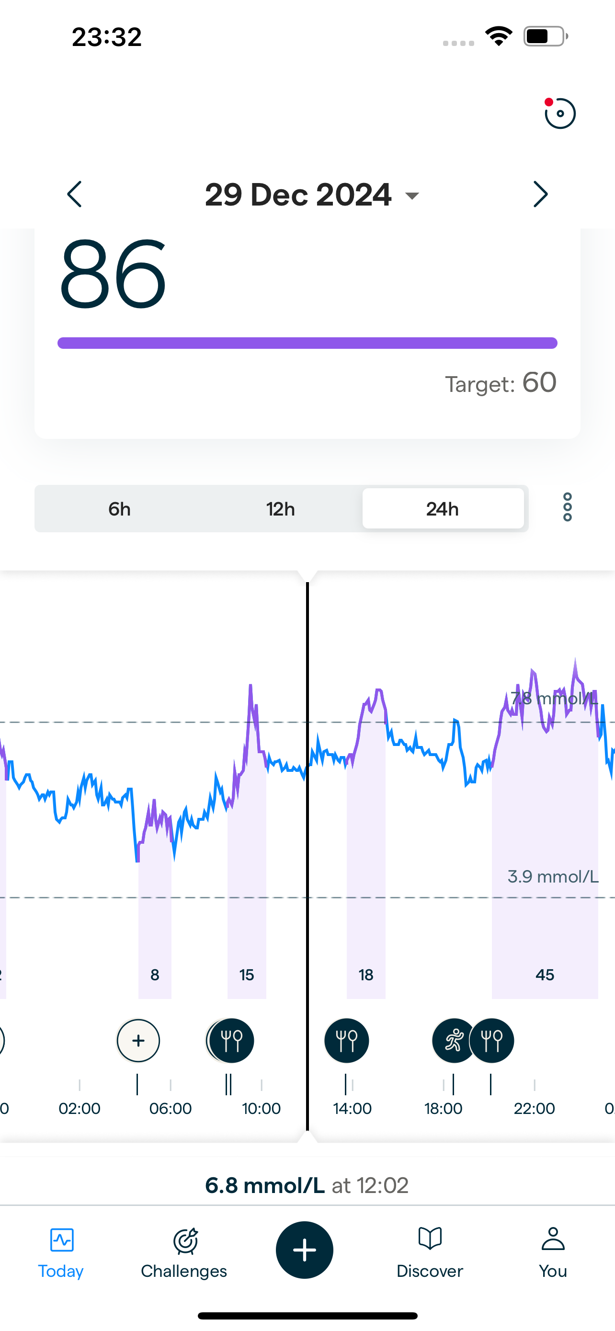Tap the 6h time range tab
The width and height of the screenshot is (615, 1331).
tap(119, 509)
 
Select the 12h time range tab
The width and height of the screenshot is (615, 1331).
tap(280, 509)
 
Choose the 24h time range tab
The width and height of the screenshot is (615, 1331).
tap(443, 509)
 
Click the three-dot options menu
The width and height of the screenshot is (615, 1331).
tap(567, 507)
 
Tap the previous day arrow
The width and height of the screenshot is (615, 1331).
tap(75, 194)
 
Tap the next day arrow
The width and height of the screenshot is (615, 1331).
tap(540, 194)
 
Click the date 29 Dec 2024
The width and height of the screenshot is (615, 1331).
tap(298, 195)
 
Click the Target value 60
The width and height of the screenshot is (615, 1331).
tap(539, 382)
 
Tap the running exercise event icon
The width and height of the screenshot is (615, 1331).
tap(454, 1041)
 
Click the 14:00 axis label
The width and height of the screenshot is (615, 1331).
tap(352, 1108)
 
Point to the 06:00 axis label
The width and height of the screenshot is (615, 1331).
tap(171, 1108)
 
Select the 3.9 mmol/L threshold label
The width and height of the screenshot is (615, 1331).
tap(553, 877)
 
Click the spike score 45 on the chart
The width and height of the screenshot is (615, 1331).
tap(545, 975)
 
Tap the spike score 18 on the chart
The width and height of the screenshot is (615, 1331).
tap(365, 975)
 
